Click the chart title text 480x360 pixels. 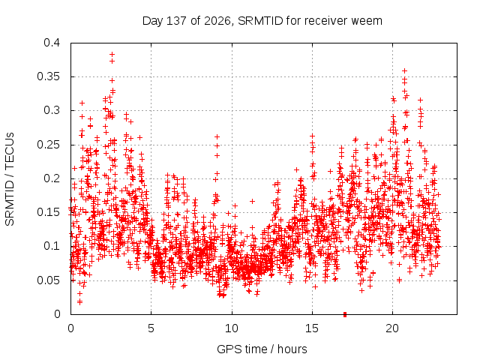(x=262, y=21)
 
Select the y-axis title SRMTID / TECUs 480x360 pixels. (x=10, y=179)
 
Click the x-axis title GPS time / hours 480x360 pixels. (x=262, y=349)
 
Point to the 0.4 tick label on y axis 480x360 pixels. (x=52, y=43)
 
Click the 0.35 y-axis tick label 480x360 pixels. (x=48, y=76)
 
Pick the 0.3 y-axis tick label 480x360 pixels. (x=52, y=110)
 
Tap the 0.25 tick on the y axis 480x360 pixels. (x=48, y=145)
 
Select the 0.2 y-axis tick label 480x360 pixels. (x=52, y=178)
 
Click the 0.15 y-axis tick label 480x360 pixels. (x=48, y=212)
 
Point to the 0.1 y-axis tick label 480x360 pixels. (x=52, y=246)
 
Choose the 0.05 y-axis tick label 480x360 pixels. (x=48, y=280)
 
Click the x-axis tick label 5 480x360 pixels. (x=151, y=328)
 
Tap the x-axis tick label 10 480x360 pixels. (x=232, y=328)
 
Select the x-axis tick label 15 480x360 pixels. (x=312, y=328)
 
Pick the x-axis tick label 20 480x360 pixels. (x=392, y=328)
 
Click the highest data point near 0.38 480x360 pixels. (x=112, y=55)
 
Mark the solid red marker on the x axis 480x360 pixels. (x=345, y=314)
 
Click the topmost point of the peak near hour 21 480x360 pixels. (x=404, y=71)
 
